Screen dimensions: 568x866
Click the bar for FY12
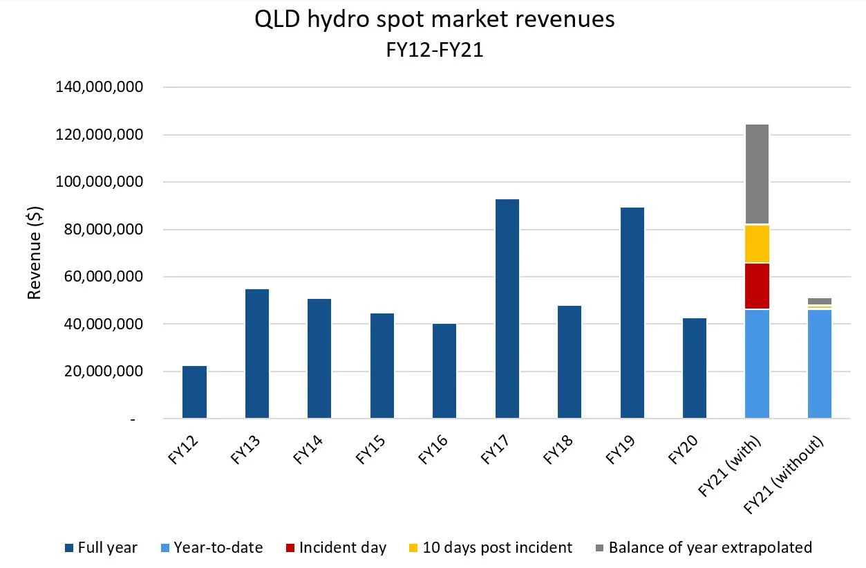(x=194, y=392)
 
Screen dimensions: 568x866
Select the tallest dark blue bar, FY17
(x=507, y=309)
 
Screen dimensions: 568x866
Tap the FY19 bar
(x=632, y=313)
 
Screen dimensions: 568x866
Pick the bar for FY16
(x=444, y=371)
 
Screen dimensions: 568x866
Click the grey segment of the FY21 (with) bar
(x=757, y=174)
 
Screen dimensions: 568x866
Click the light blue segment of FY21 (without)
(x=820, y=364)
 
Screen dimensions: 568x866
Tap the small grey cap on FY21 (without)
(x=820, y=301)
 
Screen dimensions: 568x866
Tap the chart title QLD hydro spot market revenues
(x=434, y=20)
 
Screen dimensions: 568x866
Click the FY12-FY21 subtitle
(x=434, y=51)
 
